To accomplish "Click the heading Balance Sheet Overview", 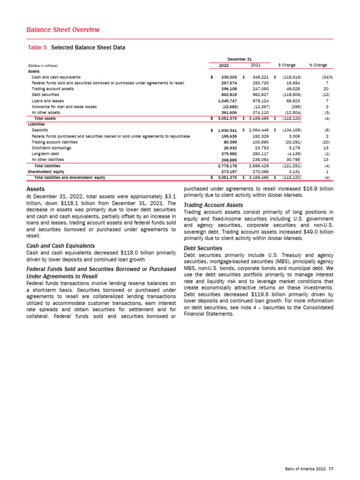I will [63, 30].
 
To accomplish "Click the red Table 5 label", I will [38, 47].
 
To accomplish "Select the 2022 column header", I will [224, 65].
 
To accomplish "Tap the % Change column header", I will [318, 65].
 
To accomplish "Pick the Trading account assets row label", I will [52, 89].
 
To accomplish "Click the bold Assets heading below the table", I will [37, 189].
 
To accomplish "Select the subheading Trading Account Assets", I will [213, 205].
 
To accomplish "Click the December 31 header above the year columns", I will [239, 59].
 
